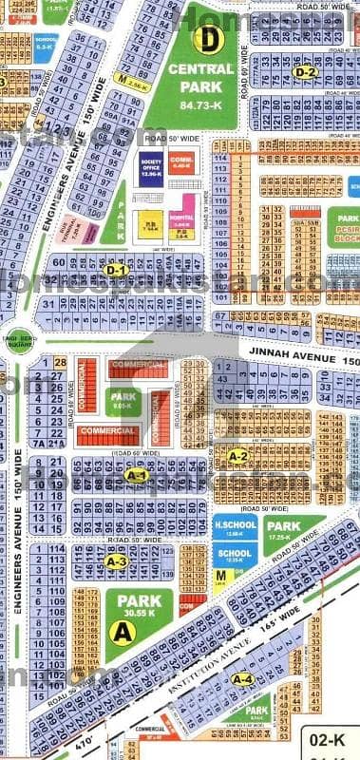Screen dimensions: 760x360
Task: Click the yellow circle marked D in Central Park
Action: (206, 39)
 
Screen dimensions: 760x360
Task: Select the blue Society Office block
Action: (151, 167)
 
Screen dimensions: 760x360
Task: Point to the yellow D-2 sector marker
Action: (304, 71)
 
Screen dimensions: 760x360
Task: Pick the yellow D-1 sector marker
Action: (116, 271)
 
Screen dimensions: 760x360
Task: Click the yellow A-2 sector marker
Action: (238, 456)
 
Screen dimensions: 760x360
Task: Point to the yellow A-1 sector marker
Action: (135, 475)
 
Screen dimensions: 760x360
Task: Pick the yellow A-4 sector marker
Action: (243, 678)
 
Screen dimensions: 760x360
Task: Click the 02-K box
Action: (337, 737)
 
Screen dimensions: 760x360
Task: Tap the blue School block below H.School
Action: (232, 556)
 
